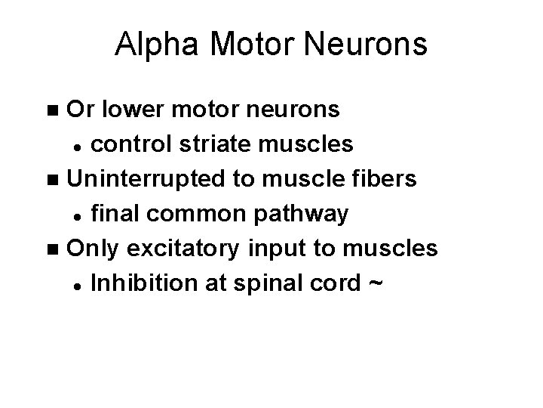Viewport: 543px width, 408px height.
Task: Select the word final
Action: click(114, 214)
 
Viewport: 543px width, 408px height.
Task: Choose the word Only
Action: click(93, 248)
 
